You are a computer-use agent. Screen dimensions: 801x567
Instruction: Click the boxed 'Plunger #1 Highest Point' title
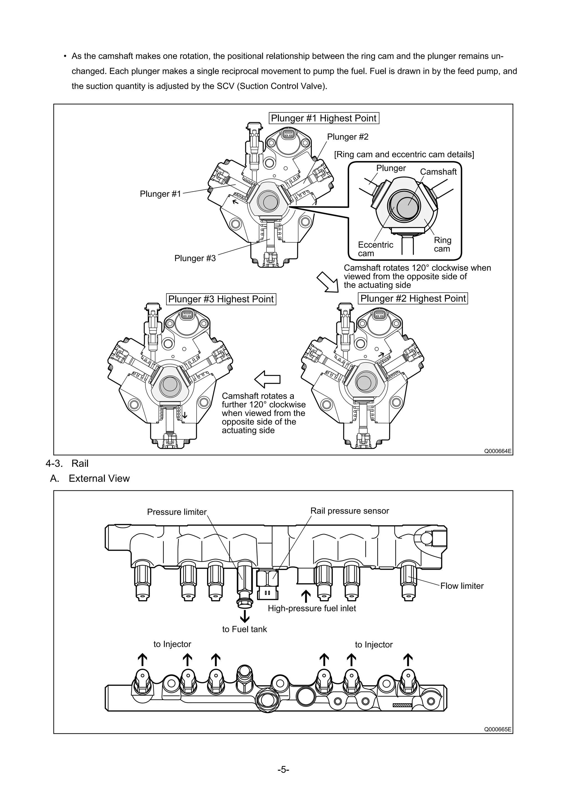[x=324, y=118]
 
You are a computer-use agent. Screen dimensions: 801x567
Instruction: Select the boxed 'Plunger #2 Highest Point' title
[x=413, y=299]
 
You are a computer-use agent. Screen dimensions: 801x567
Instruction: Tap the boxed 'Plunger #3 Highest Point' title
[x=221, y=299]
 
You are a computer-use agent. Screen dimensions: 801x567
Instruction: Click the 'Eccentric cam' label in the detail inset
[x=375, y=249]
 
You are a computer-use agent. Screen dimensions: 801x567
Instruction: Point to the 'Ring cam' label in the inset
[x=442, y=245]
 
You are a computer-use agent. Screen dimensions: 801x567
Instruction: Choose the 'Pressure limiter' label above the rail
[x=177, y=512]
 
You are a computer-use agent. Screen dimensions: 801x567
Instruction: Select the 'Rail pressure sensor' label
[x=349, y=511]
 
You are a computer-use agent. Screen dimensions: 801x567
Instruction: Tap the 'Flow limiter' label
[x=462, y=586]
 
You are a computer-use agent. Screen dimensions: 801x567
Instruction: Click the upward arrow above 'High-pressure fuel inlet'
[x=306, y=596]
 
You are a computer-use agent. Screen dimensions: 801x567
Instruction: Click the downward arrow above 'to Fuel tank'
[x=245, y=616]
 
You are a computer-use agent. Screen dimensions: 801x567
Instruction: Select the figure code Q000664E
[x=498, y=451]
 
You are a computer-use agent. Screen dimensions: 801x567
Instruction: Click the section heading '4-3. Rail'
[x=67, y=464]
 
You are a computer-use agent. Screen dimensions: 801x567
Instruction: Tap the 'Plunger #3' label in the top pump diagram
[x=195, y=258]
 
